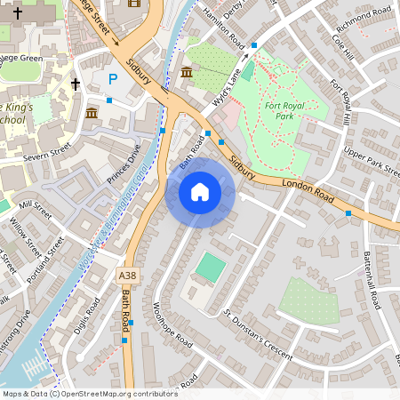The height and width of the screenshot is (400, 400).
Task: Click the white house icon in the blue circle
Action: (200, 192)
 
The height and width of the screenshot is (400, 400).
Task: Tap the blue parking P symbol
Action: (112, 79)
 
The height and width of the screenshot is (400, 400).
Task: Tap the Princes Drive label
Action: (124, 164)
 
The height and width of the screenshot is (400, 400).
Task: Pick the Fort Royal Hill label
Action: (341, 103)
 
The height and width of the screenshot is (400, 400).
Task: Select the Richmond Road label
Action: (359, 17)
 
